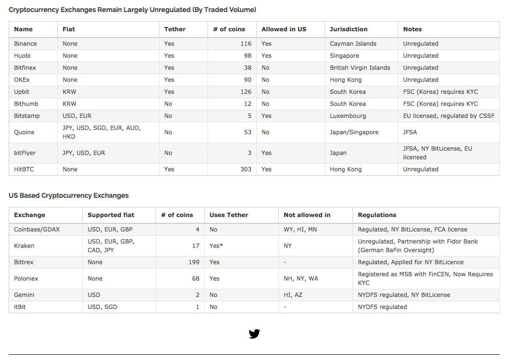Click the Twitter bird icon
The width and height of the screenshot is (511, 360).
254,334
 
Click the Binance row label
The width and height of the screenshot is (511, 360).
26,44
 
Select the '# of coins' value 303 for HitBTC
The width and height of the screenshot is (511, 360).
246,169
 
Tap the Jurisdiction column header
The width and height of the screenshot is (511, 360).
348,29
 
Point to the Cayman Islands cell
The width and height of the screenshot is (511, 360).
353,44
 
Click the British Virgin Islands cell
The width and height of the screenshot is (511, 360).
360,68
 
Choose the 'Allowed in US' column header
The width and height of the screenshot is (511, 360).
284,29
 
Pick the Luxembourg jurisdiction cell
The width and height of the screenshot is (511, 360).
348,116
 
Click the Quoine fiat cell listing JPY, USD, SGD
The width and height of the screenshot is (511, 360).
101,132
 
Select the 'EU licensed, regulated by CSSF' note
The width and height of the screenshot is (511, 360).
448,116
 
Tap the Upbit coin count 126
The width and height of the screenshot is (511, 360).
246,92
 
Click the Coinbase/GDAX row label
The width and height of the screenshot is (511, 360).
37,230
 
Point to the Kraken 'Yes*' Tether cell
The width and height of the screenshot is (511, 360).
216,246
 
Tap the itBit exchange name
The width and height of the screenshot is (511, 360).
20,307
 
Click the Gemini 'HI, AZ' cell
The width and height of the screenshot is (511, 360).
293,295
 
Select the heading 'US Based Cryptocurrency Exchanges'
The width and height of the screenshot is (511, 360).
68,195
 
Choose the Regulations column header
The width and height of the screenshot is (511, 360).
377,215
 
